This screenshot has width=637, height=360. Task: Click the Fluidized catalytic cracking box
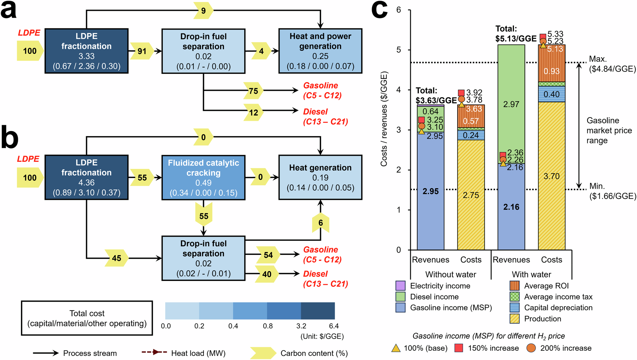point(203,177)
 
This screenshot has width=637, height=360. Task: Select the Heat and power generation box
point(320,51)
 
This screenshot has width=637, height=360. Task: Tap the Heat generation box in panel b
point(320,177)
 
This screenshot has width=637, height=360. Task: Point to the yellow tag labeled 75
point(254,91)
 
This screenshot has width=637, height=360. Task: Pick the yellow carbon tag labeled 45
point(117,258)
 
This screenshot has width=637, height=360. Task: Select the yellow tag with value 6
point(320,223)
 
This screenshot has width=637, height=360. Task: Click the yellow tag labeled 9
point(203,11)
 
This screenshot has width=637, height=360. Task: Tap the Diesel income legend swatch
point(400,297)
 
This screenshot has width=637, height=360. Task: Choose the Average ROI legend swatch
point(514,286)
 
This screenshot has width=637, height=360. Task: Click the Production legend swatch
point(514,319)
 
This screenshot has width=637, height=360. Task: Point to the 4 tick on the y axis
point(399,90)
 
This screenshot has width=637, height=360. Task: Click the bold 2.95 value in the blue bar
point(431,191)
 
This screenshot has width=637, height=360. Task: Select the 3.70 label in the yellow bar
point(551,176)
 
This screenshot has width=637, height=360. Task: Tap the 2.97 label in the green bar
point(511,104)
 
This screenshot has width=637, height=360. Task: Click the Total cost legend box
point(87,318)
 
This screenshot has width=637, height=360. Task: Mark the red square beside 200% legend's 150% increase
point(459,348)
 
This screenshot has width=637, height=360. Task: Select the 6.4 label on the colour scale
point(334,326)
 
